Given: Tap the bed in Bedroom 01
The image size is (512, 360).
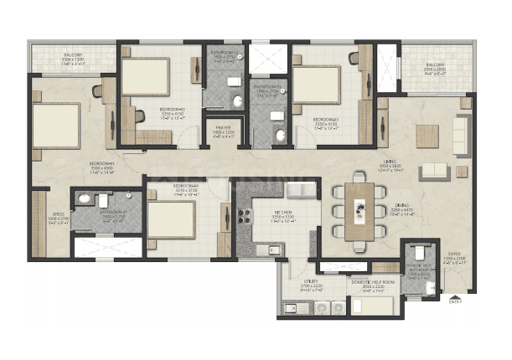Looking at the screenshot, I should pos(57,123).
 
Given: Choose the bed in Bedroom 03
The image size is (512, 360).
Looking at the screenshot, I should pos(316,85).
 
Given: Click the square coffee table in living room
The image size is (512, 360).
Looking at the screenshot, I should pos(426,134).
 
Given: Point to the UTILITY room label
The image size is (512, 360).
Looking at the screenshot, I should pos(311,283).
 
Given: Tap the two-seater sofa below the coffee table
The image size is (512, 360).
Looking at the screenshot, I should pos(433,171).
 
